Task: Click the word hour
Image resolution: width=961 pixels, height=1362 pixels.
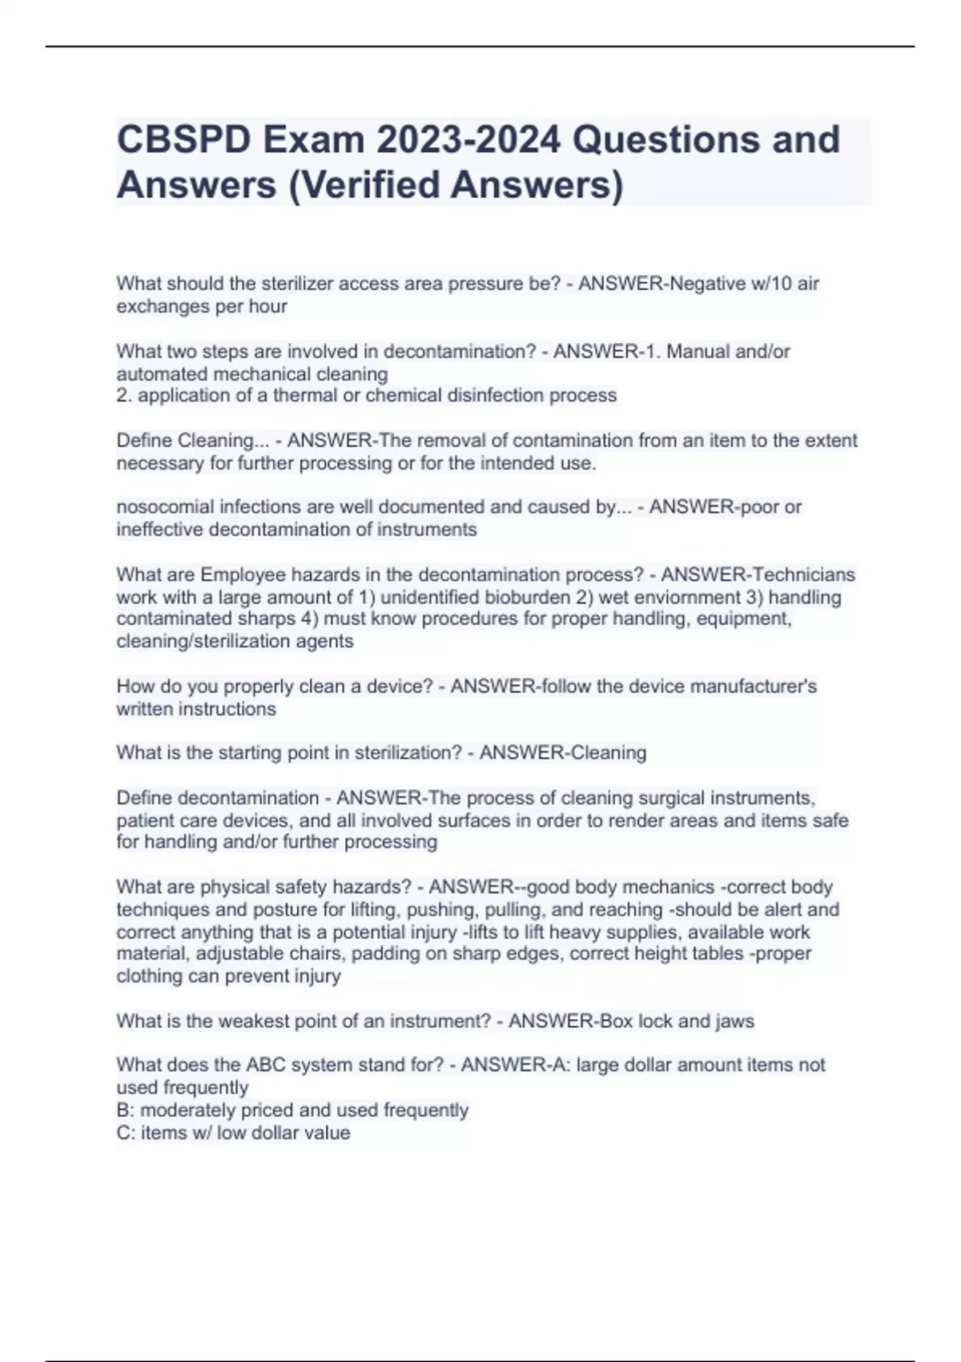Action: (268, 306)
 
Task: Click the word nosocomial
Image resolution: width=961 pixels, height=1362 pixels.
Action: (163, 506)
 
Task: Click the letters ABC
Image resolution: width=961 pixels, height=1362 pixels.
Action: (266, 1065)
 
